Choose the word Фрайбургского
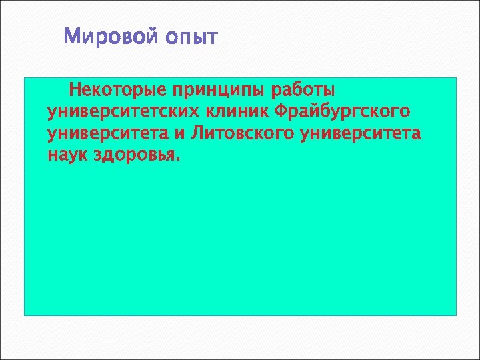(343, 112)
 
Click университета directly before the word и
(109, 134)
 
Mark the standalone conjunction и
(179, 134)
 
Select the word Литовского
(243, 133)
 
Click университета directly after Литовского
(361, 134)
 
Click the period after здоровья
(178, 161)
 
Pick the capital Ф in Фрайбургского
(281, 111)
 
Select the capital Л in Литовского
(197, 133)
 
